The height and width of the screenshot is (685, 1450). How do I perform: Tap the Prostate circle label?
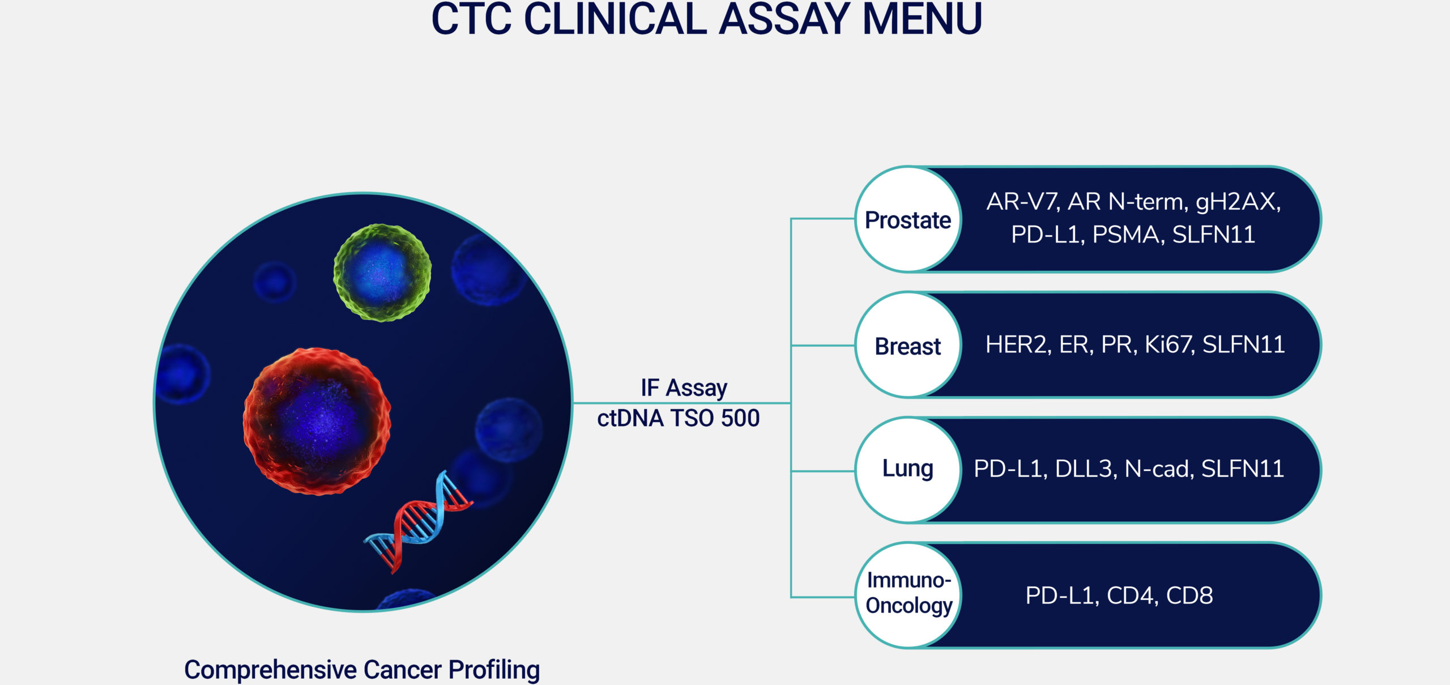pos(908,220)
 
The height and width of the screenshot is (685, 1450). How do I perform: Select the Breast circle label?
pos(908,346)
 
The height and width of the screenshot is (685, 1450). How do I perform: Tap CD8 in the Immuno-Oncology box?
pos(1189,595)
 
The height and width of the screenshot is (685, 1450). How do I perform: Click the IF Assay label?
pos(684,388)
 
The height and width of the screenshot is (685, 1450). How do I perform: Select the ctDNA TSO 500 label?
pos(678,418)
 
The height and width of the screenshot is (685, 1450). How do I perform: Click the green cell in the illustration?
pos(382,273)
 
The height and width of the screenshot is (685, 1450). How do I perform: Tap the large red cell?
pos(317,421)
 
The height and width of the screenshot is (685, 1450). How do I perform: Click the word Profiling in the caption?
pos(494,670)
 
